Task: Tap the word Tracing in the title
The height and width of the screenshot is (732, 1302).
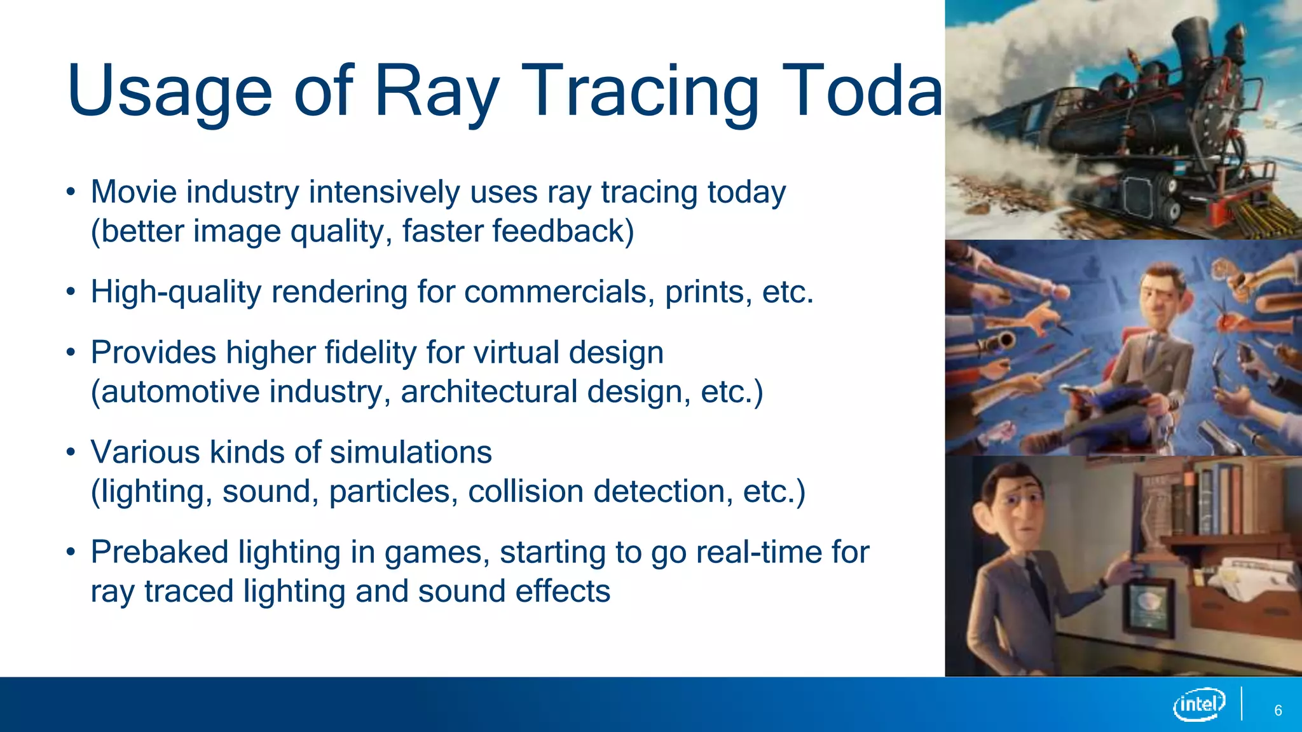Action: (x=643, y=92)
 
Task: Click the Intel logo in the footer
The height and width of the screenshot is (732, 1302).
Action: (x=1199, y=705)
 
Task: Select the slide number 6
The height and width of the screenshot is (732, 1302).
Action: (x=1278, y=710)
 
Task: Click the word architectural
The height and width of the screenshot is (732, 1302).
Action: (x=489, y=392)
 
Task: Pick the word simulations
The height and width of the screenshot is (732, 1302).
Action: (x=411, y=453)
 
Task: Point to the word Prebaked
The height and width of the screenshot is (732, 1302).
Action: (x=159, y=552)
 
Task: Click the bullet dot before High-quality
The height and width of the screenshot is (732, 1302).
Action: (x=71, y=292)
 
